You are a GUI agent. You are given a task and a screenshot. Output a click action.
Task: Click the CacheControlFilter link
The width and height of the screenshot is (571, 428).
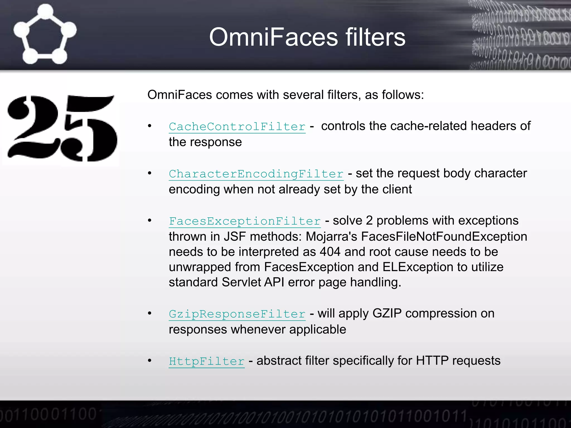(237, 127)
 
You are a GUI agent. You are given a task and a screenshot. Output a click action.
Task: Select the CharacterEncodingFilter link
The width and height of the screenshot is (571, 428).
(256, 174)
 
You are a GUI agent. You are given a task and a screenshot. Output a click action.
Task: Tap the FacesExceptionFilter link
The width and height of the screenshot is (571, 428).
(245, 222)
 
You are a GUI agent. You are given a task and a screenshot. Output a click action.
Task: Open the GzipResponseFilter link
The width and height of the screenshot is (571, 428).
(237, 314)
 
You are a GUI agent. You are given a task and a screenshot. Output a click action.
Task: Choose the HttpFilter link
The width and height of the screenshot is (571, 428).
(207, 362)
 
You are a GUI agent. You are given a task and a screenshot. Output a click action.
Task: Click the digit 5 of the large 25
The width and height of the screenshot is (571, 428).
(91, 128)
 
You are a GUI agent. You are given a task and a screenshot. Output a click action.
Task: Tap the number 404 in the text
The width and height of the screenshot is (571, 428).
(330, 252)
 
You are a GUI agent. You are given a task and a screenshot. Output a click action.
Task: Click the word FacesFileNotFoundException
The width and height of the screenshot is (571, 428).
(444, 237)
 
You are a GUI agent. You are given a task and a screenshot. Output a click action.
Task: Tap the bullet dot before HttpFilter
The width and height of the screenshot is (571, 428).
(150, 361)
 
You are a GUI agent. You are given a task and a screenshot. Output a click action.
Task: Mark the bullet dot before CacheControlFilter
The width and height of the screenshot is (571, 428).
(150, 126)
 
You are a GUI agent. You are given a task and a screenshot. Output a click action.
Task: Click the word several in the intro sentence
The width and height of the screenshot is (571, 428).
(303, 95)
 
